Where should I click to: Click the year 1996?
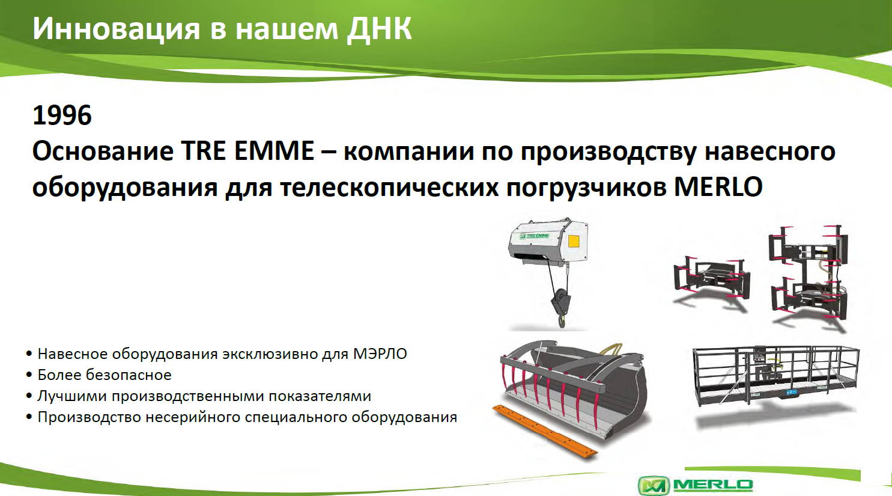pyautogui.click(x=62, y=115)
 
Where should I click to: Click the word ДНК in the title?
pyautogui.click(x=378, y=29)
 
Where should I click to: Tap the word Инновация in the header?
pyautogui.click(x=116, y=29)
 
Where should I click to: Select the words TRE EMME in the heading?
pyautogui.click(x=247, y=152)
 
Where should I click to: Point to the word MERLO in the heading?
pyautogui.click(x=718, y=186)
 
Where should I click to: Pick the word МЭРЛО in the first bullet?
pyautogui.click(x=380, y=354)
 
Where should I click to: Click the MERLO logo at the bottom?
pyautogui.click(x=696, y=485)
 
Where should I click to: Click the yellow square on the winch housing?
pyautogui.click(x=574, y=241)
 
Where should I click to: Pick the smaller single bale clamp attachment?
pyautogui.click(x=711, y=279)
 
